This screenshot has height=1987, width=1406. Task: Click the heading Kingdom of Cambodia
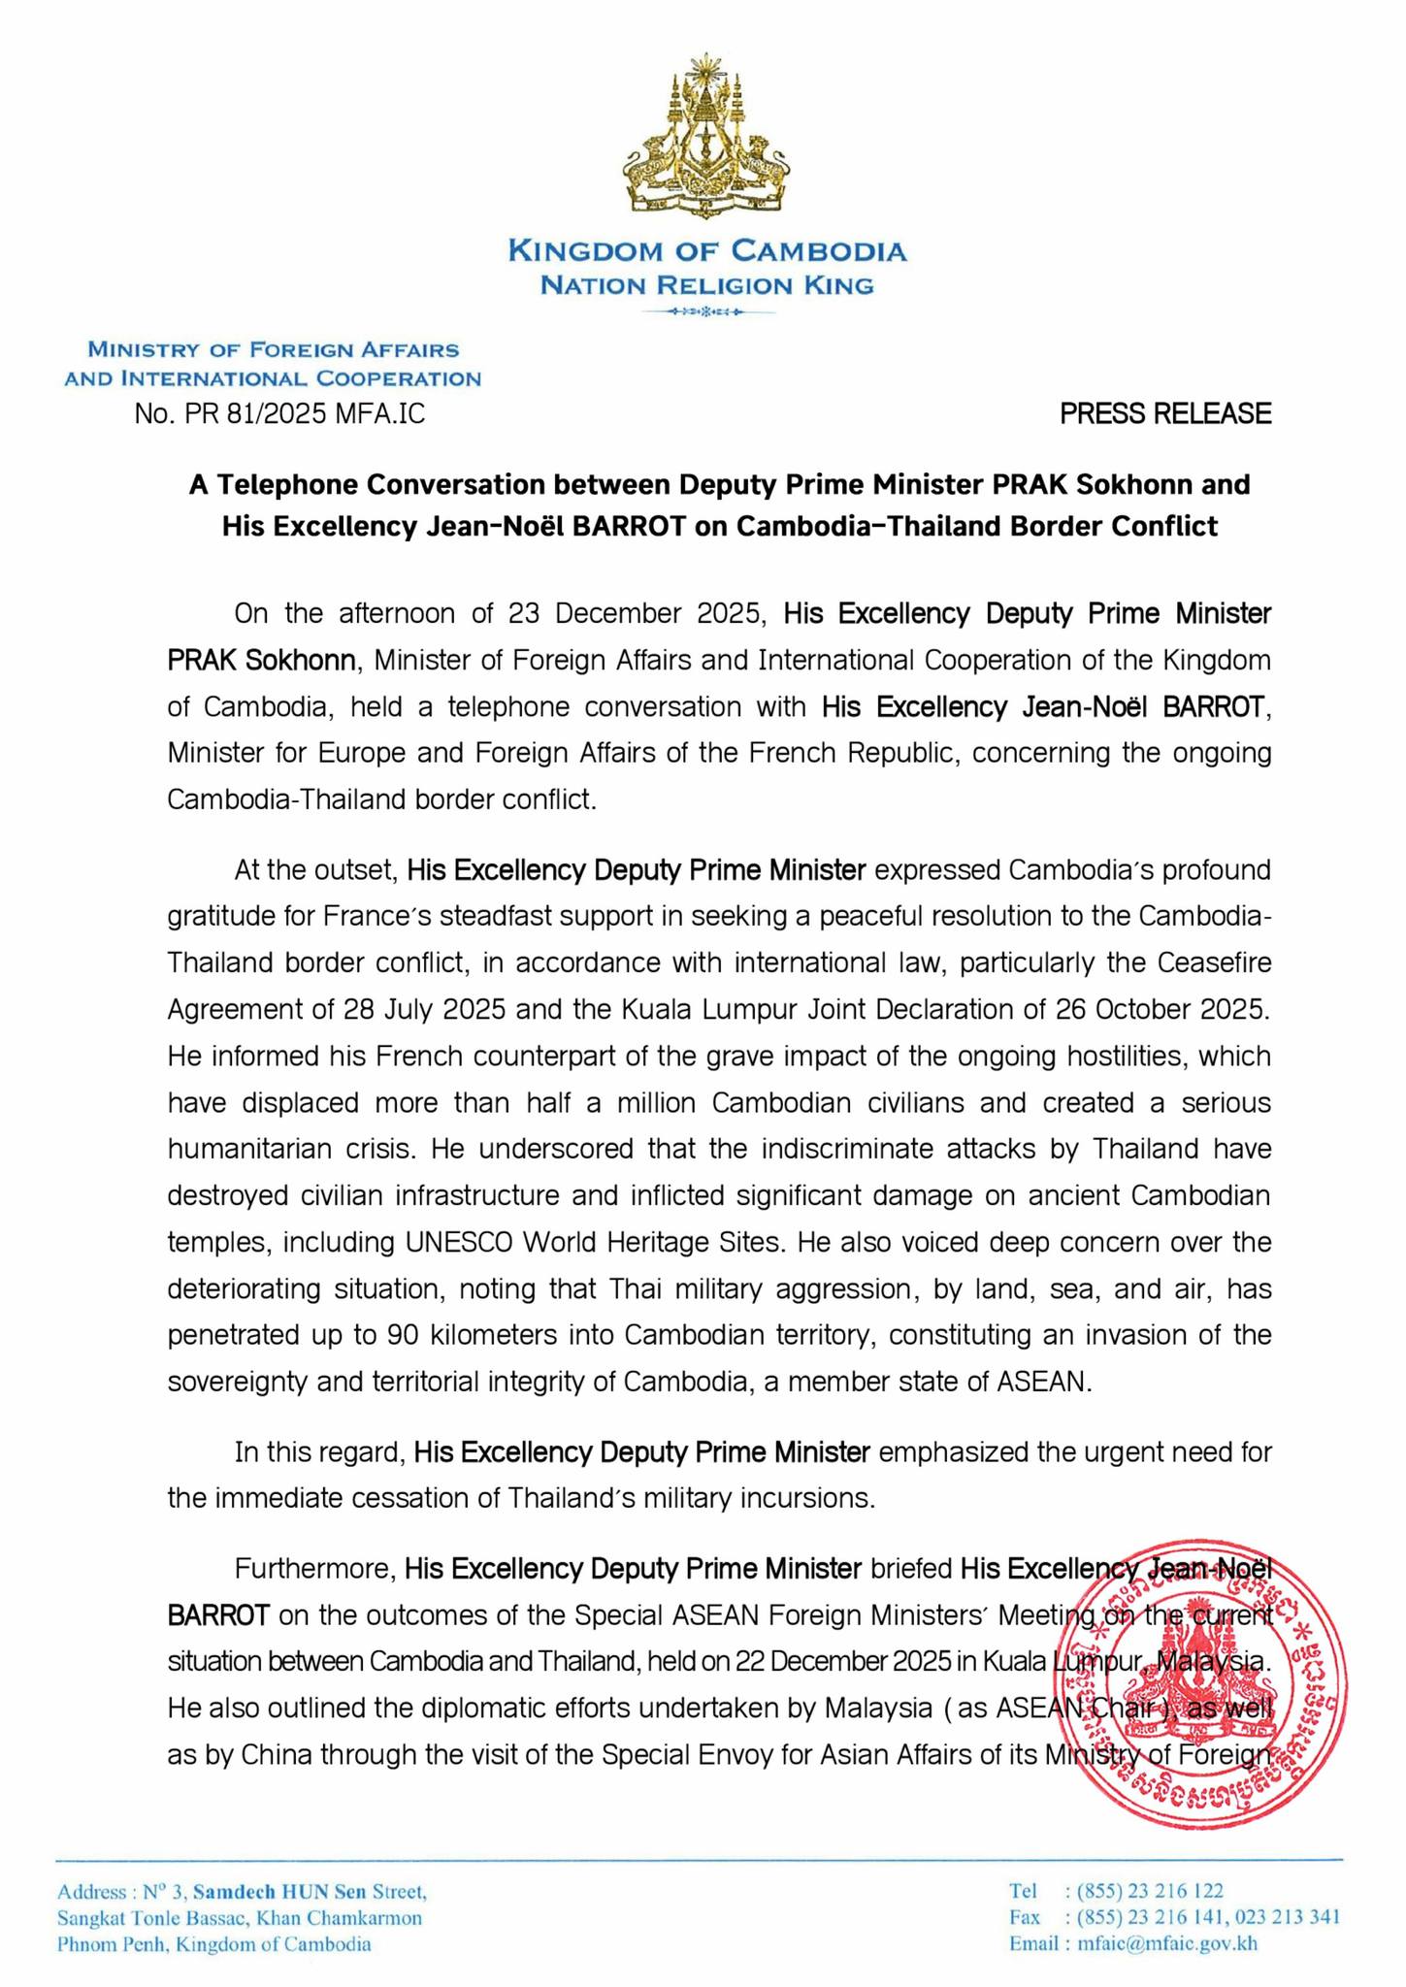tap(707, 251)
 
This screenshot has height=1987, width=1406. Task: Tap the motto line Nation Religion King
tap(706, 285)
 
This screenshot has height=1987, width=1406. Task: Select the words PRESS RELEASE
tap(1164, 414)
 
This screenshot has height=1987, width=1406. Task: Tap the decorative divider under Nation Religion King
tap(706, 312)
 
